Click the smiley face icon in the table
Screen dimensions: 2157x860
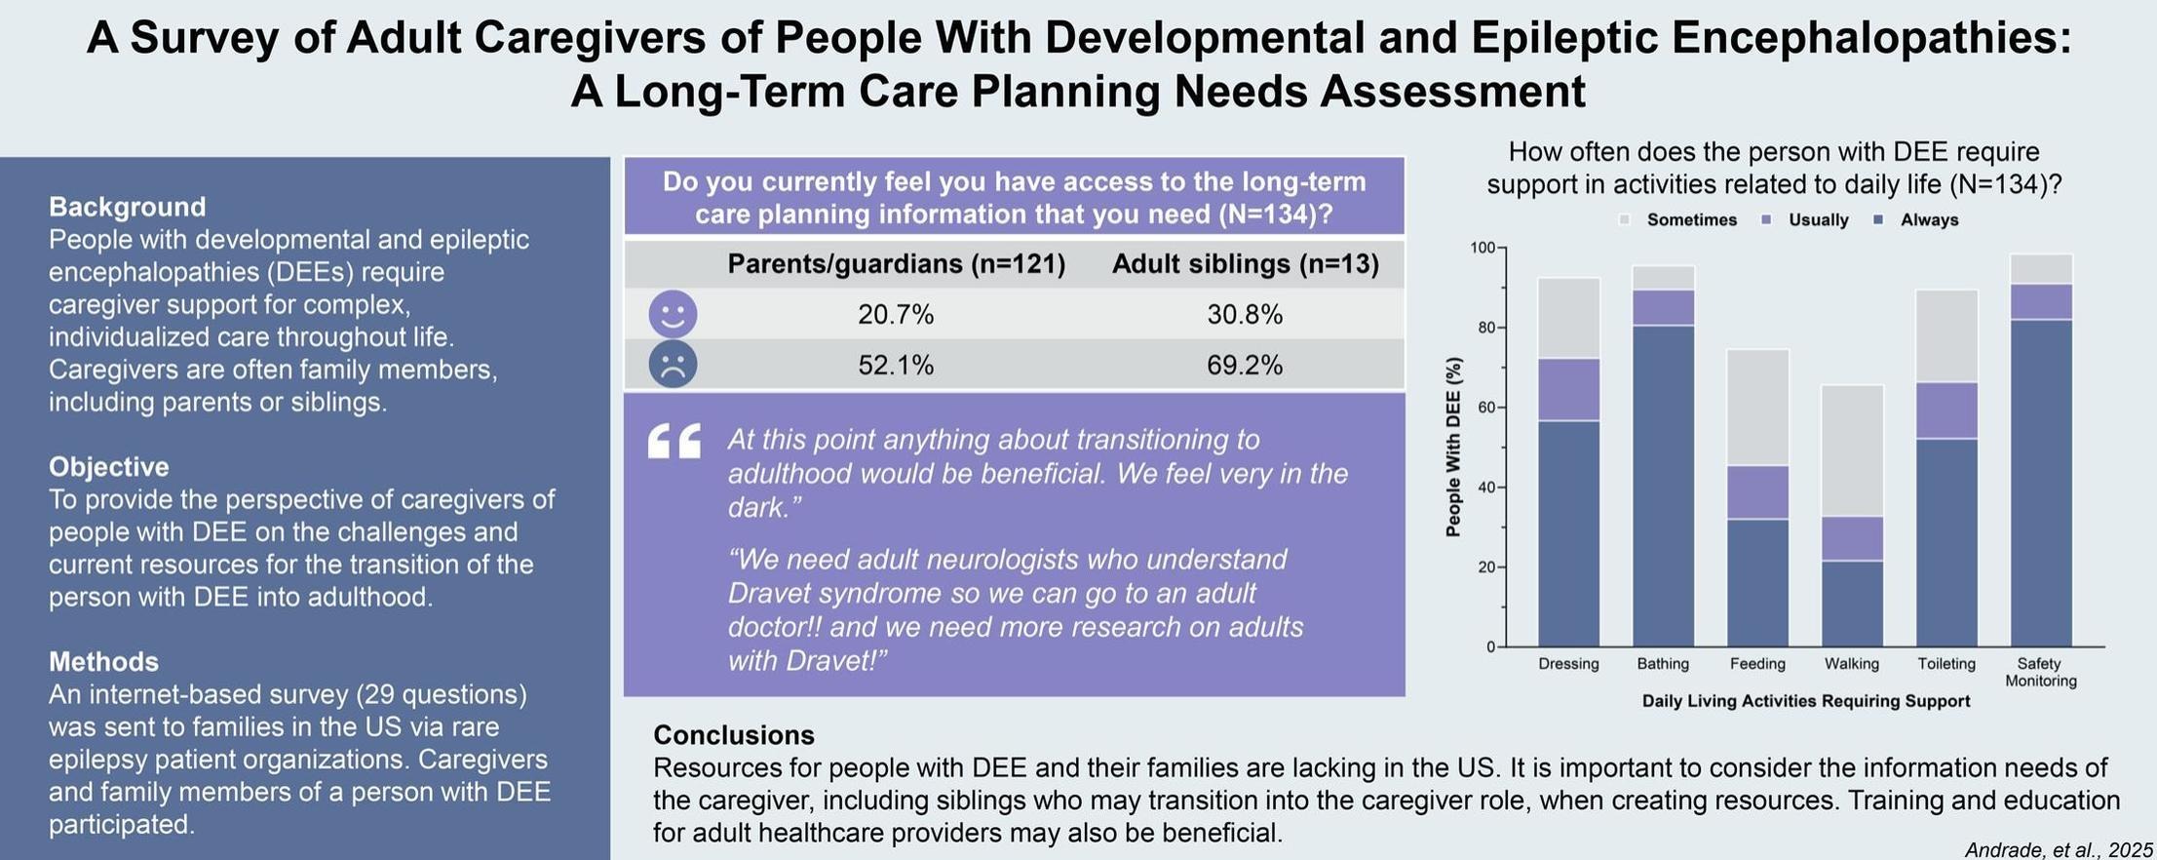pyautogui.click(x=673, y=314)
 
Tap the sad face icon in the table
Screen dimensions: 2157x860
pyautogui.click(x=673, y=364)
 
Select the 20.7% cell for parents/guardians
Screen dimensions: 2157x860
pyautogui.click(x=896, y=315)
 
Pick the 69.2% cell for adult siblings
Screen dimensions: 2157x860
pyautogui.click(x=1245, y=365)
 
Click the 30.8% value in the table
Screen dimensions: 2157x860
pyautogui.click(x=1245, y=315)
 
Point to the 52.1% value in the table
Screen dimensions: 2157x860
pyautogui.click(x=896, y=365)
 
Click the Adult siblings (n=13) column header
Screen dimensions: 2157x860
pyautogui.click(x=1246, y=264)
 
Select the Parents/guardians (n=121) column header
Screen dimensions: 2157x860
pyautogui.click(x=897, y=264)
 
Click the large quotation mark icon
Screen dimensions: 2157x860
pyautogui.click(x=674, y=441)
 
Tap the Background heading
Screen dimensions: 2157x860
pyautogui.click(x=128, y=207)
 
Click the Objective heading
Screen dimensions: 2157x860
pyautogui.click(x=109, y=467)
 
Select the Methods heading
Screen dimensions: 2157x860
pyautogui.click(x=103, y=662)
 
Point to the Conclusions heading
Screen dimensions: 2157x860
pyautogui.click(x=734, y=735)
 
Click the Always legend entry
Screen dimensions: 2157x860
pyautogui.click(x=1917, y=220)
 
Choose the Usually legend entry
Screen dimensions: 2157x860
pyautogui.click(x=1805, y=220)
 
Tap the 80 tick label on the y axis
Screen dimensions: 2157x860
pyautogui.click(x=1486, y=328)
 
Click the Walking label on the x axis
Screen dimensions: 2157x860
pyautogui.click(x=1852, y=664)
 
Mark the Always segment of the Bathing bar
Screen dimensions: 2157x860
pyautogui.click(x=1664, y=486)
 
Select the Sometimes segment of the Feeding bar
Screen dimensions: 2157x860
pyautogui.click(x=1758, y=408)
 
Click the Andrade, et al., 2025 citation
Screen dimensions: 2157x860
pyautogui.click(x=2059, y=850)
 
